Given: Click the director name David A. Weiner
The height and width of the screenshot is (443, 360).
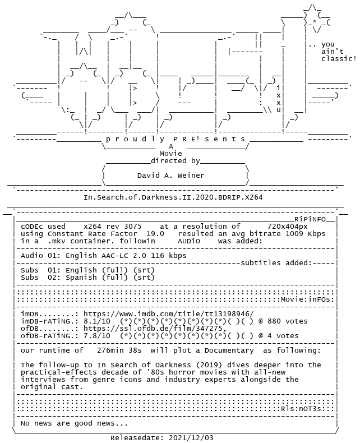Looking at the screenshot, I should [x=170, y=176].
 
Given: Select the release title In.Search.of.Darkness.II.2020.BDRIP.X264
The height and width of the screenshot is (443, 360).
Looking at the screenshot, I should [x=173, y=197].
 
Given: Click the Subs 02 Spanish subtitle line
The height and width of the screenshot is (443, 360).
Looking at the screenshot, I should [x=87, y=277].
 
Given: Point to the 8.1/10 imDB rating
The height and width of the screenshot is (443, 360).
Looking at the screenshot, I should [x=96, y=321].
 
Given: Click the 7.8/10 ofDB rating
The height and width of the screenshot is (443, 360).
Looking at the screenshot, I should [x=96, y=336].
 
